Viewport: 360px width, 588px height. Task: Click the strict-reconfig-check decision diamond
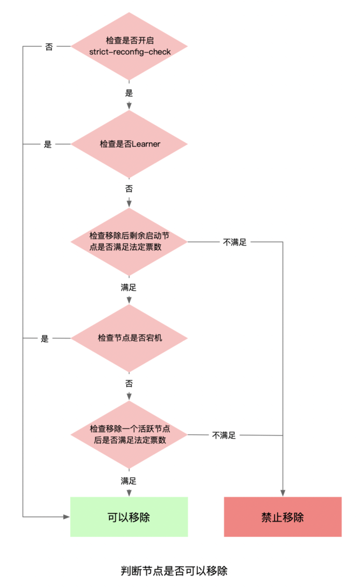pyautogui.click(x=129, y=46)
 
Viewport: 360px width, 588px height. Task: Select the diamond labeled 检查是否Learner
pyautogui.click(x=129, y=144)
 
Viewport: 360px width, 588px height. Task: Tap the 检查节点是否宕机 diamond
pyautogui.click(x=129, y=338)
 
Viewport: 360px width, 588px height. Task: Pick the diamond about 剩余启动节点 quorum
pyautogui.click(x=129, y=241)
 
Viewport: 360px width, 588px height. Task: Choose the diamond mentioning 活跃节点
pyautogui.click(x=129, y=434)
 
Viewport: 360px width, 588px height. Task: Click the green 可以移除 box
pyautogui.click(x=129, y=517)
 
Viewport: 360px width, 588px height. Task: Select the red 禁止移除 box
pyautogui.click(x=283, y=517)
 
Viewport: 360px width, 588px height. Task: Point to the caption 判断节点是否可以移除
pyautogui.click(x=174, y=571)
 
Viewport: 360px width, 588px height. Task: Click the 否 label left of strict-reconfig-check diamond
pyautogui.click(x=49, y=47)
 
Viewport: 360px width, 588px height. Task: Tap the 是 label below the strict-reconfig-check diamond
pyautogui.click(x=129, y=93)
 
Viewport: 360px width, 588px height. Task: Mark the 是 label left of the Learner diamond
pyautogui.click(x=48, y=144)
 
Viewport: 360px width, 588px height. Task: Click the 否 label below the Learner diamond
pyautogui.click(x=129, y=189)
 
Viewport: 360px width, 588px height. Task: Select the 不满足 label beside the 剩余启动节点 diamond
pyautogui.click(x=235, y=242)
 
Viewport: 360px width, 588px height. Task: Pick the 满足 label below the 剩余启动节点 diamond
pyautogui.click(x=129, y=287)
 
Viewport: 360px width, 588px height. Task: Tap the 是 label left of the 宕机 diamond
pyautogui.click(x=45, y=338)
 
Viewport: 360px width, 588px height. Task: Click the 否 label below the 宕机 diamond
pyautogui.click(x=129, y=384)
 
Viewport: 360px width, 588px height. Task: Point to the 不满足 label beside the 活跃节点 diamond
pyautogui.click(x=224, y=435)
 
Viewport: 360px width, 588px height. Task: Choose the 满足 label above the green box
pyautogui.click(x=129, y=481)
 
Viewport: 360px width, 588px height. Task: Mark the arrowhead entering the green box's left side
pyautogui.click(x=67, y=517)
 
